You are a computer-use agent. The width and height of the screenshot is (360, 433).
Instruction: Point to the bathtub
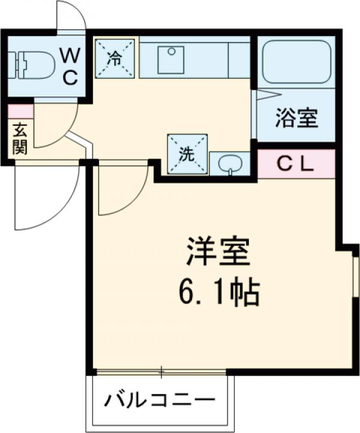(296, 62)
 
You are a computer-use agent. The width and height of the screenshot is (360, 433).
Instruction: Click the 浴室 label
(296, 118)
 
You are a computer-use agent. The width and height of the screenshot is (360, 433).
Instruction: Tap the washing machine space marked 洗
(187, 154)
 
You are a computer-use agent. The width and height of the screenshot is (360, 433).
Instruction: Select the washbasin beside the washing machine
(229, 163)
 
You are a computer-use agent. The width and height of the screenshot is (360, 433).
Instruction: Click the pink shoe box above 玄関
(20, 112)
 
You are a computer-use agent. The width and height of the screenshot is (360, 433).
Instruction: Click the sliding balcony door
(161, 373)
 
